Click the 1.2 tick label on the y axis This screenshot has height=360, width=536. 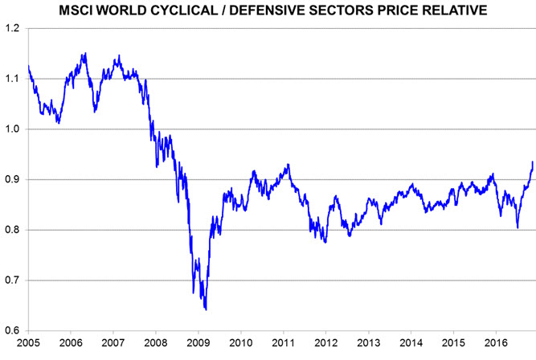[13, 28]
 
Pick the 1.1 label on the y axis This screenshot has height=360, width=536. [13, 79]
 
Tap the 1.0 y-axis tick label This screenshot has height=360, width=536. [13, 129]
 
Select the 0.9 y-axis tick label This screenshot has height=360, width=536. [13, 179]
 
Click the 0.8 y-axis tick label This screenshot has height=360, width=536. [13, 230]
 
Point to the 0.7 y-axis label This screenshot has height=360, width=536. [13, 280]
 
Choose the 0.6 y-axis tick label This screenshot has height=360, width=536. [13, 330]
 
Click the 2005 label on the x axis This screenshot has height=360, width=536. [28, 341]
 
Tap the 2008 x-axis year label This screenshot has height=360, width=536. [156, 341]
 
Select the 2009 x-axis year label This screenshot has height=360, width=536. [198, 341]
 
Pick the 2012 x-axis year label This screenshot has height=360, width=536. [326, 341]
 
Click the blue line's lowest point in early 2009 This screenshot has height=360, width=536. [207, 309]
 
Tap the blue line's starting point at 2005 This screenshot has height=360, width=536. [28, 66]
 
